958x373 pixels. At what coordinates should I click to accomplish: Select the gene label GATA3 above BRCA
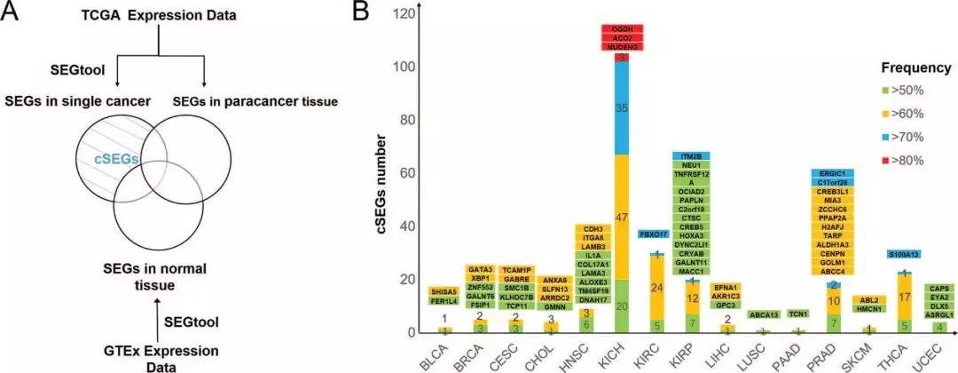[x=478, y=269]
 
